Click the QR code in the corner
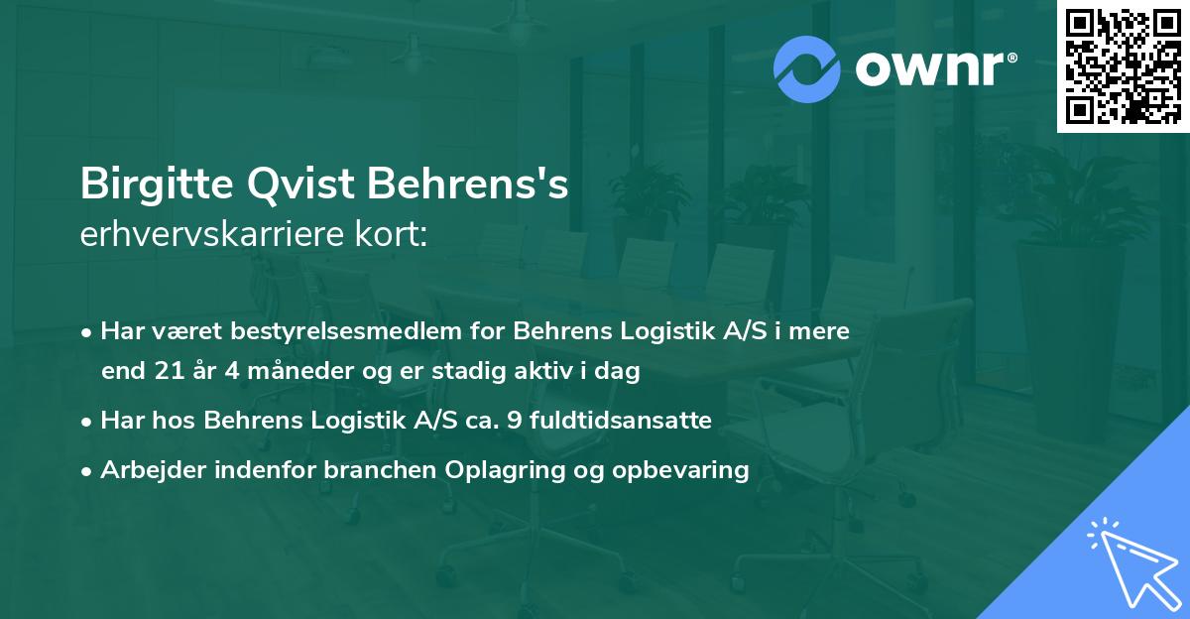[1123, 65]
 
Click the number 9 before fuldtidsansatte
[512, 421]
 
